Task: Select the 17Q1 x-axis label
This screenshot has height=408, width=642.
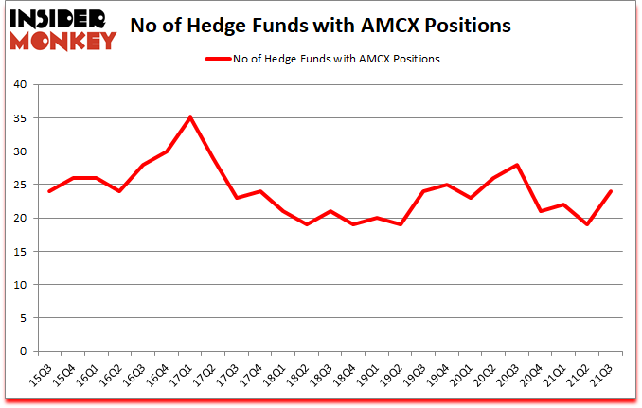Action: [183, 374]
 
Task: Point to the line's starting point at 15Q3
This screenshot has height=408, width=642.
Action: [48, 191]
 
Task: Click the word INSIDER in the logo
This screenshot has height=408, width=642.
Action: [59, 18]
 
